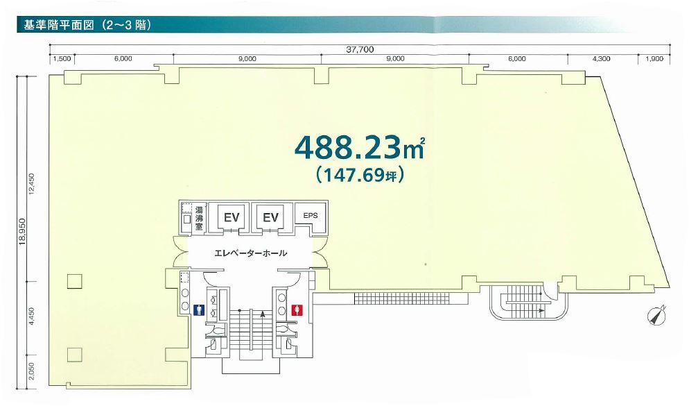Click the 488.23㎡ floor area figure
[x=360, y=148]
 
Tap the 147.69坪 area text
[x=360, y=176]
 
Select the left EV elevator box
[x=231, y=217]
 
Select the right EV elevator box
[x=270, y=217]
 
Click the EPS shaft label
[x=311, y=216]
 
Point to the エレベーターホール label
[x=250, y=253]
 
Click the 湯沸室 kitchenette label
[x=199, y=218]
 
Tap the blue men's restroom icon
[x=200, y=310]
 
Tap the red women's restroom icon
[x=297, y=310]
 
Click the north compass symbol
[x=657, y=316]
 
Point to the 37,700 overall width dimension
[x=360, y=49]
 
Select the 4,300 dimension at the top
[x=601, y=58]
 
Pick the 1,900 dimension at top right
[x=655, y=58]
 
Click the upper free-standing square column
[x=75, y=281]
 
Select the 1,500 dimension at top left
[x=62, y=58]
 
